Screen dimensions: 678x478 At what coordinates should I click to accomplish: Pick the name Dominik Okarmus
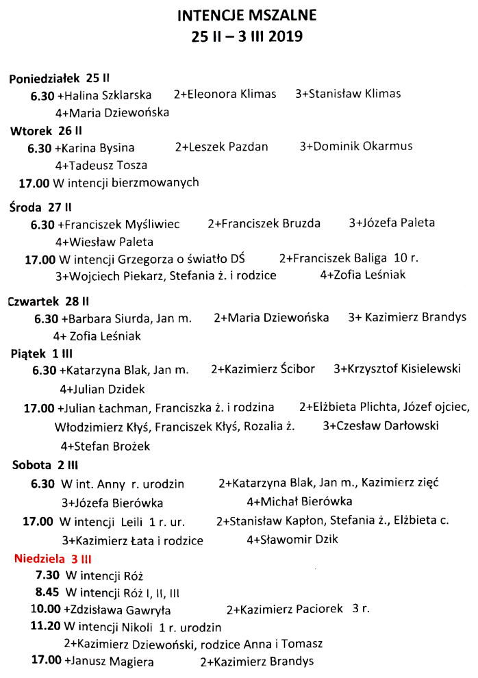[360, 147]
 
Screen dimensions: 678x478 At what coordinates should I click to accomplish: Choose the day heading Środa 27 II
[41, 207]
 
